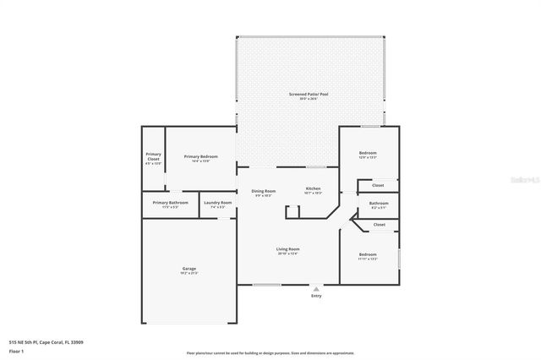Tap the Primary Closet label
153,156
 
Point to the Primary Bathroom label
171,203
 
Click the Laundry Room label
216,203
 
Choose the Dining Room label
264,191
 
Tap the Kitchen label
313,188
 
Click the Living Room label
287,249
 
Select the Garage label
189,269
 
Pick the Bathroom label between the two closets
379,203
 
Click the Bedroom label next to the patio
368,153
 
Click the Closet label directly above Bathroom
378,185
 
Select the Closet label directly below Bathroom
379,225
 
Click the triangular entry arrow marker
316,288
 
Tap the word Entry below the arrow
316,296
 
